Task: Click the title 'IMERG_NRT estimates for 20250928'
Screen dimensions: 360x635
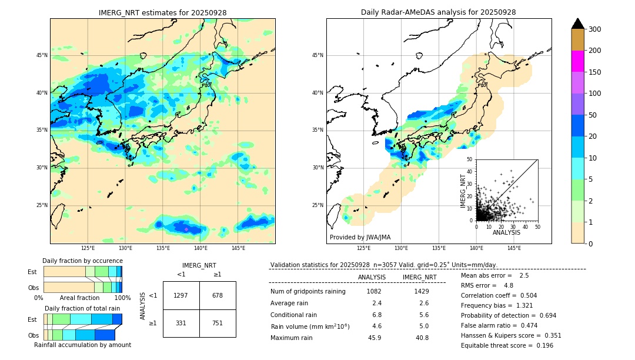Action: (162, 12)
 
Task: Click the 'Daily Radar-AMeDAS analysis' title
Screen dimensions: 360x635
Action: (438, 12)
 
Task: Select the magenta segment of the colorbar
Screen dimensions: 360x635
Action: (578, 61)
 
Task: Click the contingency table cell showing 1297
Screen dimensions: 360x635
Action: (181, 295)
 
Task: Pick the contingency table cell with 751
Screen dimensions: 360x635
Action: (218, 323)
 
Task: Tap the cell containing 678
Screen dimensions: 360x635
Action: (218, 295)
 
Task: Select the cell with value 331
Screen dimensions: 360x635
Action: (181, 323)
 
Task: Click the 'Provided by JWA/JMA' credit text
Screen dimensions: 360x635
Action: (360, 238)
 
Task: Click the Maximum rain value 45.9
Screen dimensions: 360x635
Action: (375, 338)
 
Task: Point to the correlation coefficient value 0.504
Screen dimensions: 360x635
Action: (524, 295)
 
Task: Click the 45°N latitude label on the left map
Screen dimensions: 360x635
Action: (41, 55)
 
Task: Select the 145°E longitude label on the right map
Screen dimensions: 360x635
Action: (514, 248)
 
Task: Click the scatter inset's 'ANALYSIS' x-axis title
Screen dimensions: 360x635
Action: (506, 232)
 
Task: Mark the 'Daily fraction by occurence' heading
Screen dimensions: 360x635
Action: (82, 261)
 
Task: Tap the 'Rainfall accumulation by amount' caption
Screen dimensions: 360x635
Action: (82, 345)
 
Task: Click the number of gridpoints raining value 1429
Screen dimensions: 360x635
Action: (422, 291)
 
